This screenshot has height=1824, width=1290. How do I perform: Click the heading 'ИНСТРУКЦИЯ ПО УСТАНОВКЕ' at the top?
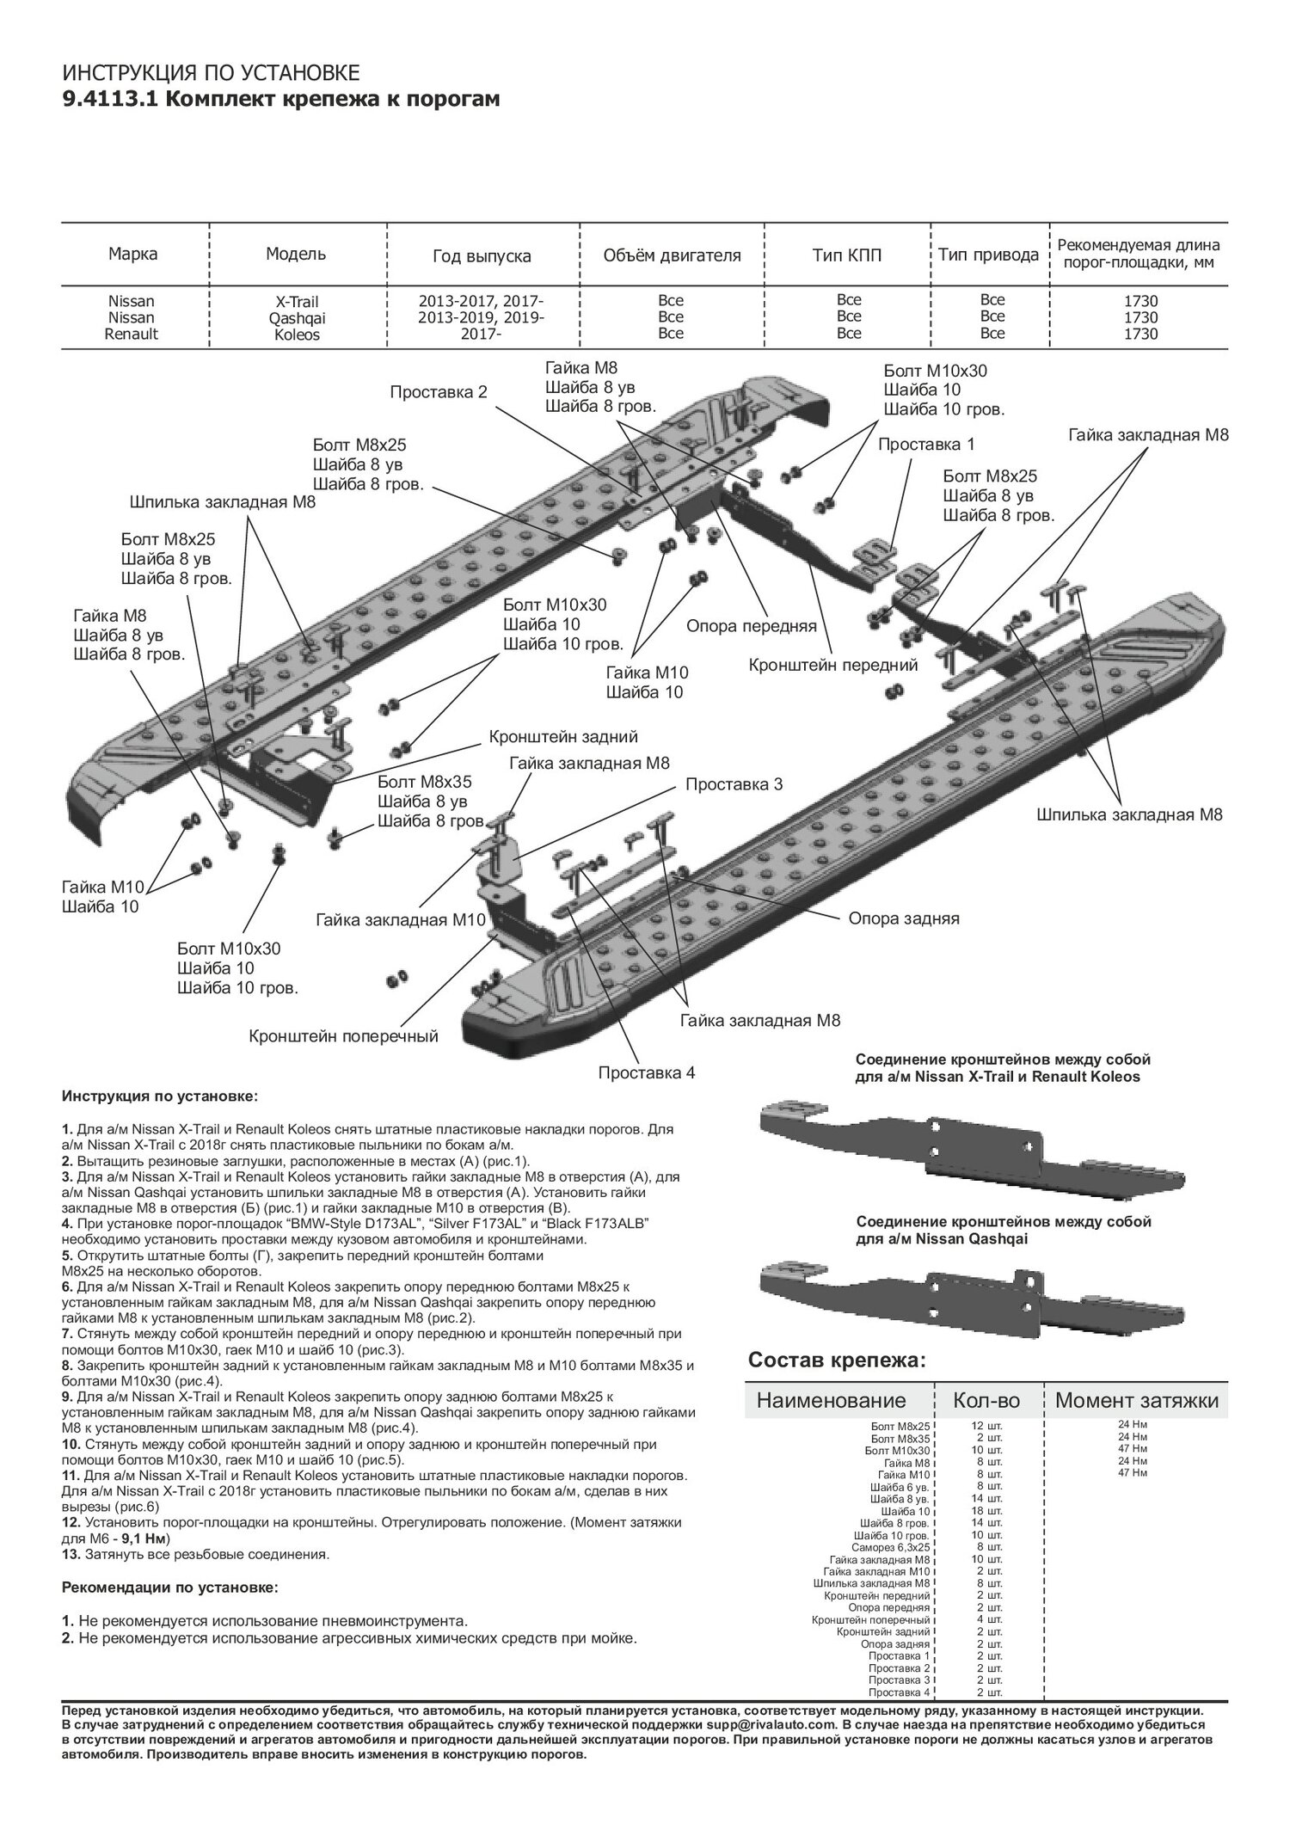coord(212,71)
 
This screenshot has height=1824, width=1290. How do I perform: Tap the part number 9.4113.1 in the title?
coord(108,100)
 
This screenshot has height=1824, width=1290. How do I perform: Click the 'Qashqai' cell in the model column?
coord(296,318)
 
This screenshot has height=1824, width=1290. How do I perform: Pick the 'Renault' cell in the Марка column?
coord(132,334)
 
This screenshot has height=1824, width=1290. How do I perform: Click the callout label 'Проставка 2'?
coord(439,392)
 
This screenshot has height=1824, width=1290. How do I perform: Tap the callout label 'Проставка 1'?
coord(926,445)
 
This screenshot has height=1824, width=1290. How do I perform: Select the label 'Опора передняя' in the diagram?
coord(751,626)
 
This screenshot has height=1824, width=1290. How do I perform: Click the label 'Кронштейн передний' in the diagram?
coord(832,665)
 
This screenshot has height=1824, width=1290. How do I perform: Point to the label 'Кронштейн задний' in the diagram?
coord(563,736)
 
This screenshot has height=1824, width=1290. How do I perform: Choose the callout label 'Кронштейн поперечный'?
coord(343,1036)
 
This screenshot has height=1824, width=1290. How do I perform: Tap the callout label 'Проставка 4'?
coord(647,1072)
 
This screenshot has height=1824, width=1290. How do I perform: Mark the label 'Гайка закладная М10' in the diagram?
coord(401,920)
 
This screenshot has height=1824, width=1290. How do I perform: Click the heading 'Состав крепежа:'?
coord(837,1360)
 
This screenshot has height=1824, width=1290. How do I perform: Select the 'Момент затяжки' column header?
coord(1136,1400)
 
